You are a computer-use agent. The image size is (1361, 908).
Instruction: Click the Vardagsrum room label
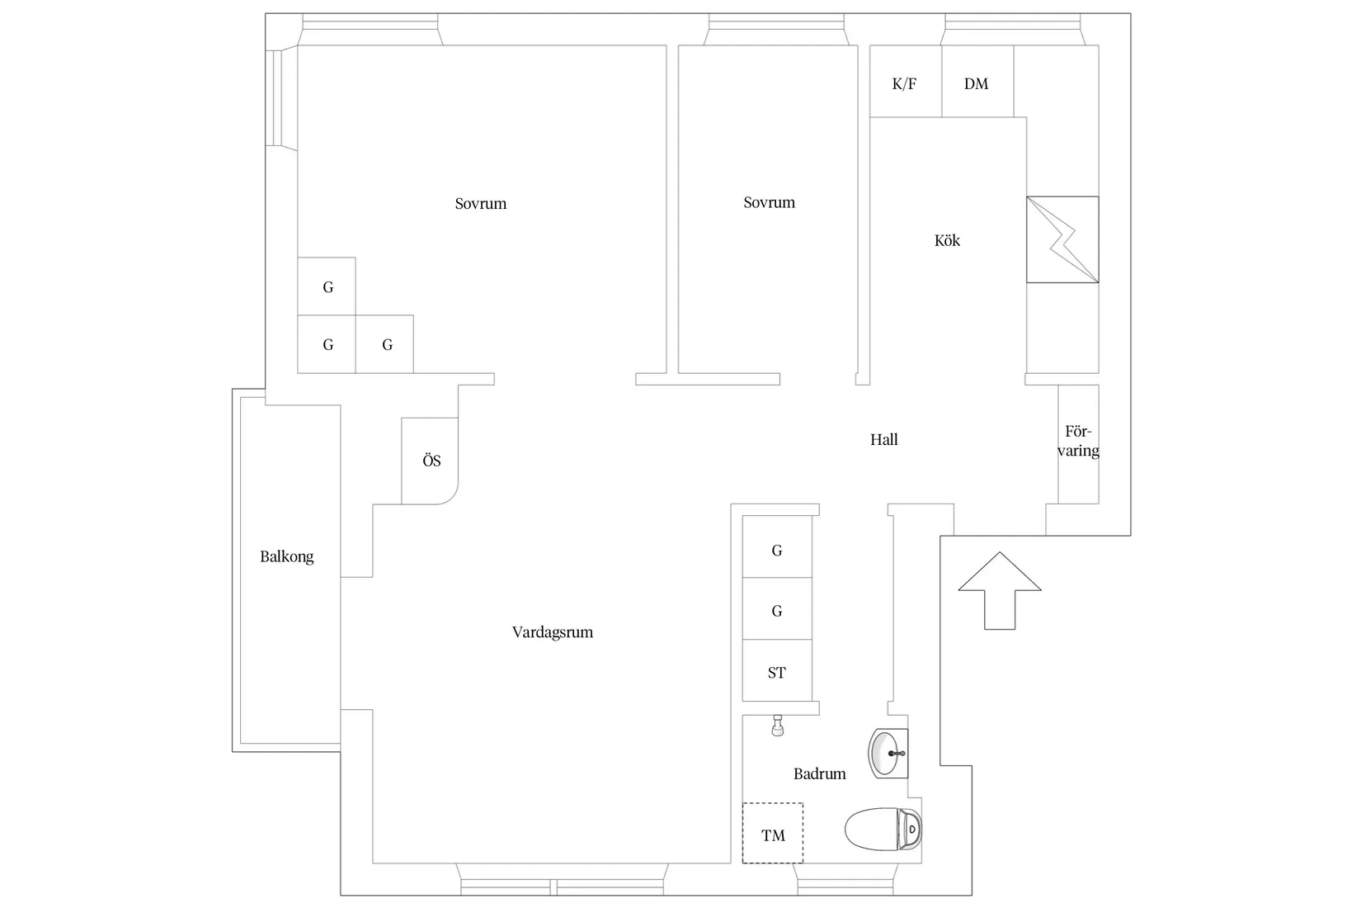pos(553,632)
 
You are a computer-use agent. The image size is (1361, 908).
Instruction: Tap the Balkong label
pos(287,556)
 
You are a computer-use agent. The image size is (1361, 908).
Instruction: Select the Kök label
pos(947,240)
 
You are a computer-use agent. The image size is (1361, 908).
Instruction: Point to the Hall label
pos(883,439)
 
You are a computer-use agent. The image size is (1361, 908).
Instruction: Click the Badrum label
pos(819,773)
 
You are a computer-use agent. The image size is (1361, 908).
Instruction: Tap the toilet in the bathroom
pos(883,828)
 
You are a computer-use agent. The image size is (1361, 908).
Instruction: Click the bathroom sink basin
pos(888,754)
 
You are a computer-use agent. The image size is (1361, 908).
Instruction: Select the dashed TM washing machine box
pos(773,833)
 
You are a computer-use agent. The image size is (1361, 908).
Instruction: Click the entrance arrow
pos(1000,590)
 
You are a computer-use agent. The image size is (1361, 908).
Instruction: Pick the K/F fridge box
pos(906,81)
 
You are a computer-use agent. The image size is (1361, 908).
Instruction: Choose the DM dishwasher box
pos(977,81)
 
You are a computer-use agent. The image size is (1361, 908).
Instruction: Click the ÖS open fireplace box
pos(431,461)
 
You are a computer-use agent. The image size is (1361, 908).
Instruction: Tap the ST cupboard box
pos(777,670)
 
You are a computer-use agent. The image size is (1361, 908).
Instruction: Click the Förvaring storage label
pos(1078,441)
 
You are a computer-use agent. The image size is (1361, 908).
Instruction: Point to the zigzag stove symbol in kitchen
pos(1062,239)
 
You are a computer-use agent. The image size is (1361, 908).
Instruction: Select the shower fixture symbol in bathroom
pos(778,726)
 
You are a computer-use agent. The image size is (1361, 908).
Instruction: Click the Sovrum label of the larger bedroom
pos(481,203)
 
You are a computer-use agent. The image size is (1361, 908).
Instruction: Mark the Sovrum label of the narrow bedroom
pos(770,202)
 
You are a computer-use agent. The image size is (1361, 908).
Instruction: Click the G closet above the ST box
pos(777,608)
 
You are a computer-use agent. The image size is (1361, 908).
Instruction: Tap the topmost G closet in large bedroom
pos(327,286)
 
